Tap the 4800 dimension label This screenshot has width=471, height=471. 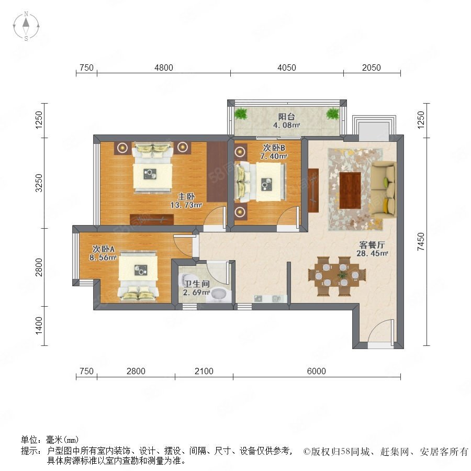(164, 68)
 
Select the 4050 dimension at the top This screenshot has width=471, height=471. (287, 68)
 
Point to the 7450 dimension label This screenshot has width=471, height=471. (421, 241)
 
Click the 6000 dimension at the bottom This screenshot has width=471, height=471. (316, 371)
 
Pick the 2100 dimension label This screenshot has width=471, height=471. (204, 371)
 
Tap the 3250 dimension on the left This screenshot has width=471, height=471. (39, 183)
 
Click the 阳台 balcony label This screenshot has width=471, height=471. (286, 117)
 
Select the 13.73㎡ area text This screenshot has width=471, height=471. (186, 205)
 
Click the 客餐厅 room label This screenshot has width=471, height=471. (372, 244)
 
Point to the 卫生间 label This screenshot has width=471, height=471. (196, 284)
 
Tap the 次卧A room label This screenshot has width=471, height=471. (103, 249)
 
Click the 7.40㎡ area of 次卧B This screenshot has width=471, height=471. (274, 156)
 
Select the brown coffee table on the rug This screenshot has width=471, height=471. (350, 190)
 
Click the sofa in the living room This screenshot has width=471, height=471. (384, 188)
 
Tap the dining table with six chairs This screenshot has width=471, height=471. (337, 276)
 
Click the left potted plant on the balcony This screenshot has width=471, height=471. (241, 114)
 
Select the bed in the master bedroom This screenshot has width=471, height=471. (153, 167)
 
